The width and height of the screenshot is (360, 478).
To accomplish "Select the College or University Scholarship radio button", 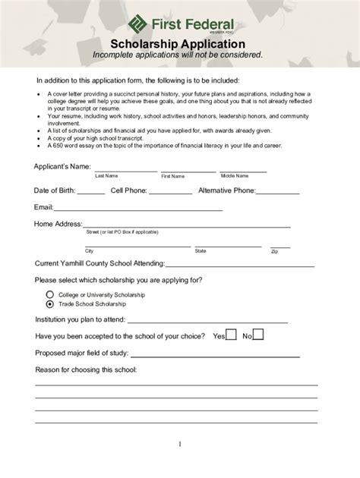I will click(50, 294).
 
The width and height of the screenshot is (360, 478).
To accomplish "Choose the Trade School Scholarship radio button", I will click(50, 303).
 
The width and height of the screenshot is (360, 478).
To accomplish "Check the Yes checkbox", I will click(232, 334).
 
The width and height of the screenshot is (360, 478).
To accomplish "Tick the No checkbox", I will click(258, 334).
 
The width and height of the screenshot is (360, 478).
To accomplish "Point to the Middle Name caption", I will click(235, 176).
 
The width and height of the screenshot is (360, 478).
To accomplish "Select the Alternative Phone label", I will click(226, 190).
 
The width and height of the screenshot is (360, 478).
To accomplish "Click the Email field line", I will click(137, 209).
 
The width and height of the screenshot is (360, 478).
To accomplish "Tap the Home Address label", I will click(58, 224).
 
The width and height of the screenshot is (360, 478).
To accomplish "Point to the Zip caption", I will click(274, 250).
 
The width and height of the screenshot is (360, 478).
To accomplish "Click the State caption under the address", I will click(201, 250).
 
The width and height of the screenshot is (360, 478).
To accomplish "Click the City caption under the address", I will click(90, 250).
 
